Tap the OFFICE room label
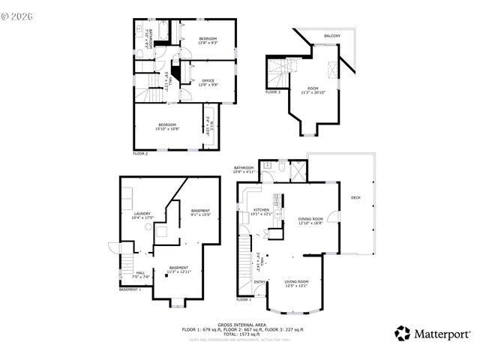click(x=208, y=80)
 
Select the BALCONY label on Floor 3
click(x=332, y=36)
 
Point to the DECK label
click(x=356, y=197)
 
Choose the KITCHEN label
click(x=261, y=209)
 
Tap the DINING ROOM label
click(x=310, y=219)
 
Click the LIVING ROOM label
click(x=297, y=281)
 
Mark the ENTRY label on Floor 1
click(x=259, y=282)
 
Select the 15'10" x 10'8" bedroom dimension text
click(x=166, y=128)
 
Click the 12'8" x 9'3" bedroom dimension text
click(x=208, y=43)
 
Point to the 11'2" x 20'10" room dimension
click(x=313, y=92)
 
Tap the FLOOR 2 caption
click(x=140, y=153)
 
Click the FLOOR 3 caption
click(x=273, y=91)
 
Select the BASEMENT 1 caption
click(x=130, y=289)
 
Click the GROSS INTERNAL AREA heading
click(x=243, y=324)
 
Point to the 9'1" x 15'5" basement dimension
click(x=201, y=215)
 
